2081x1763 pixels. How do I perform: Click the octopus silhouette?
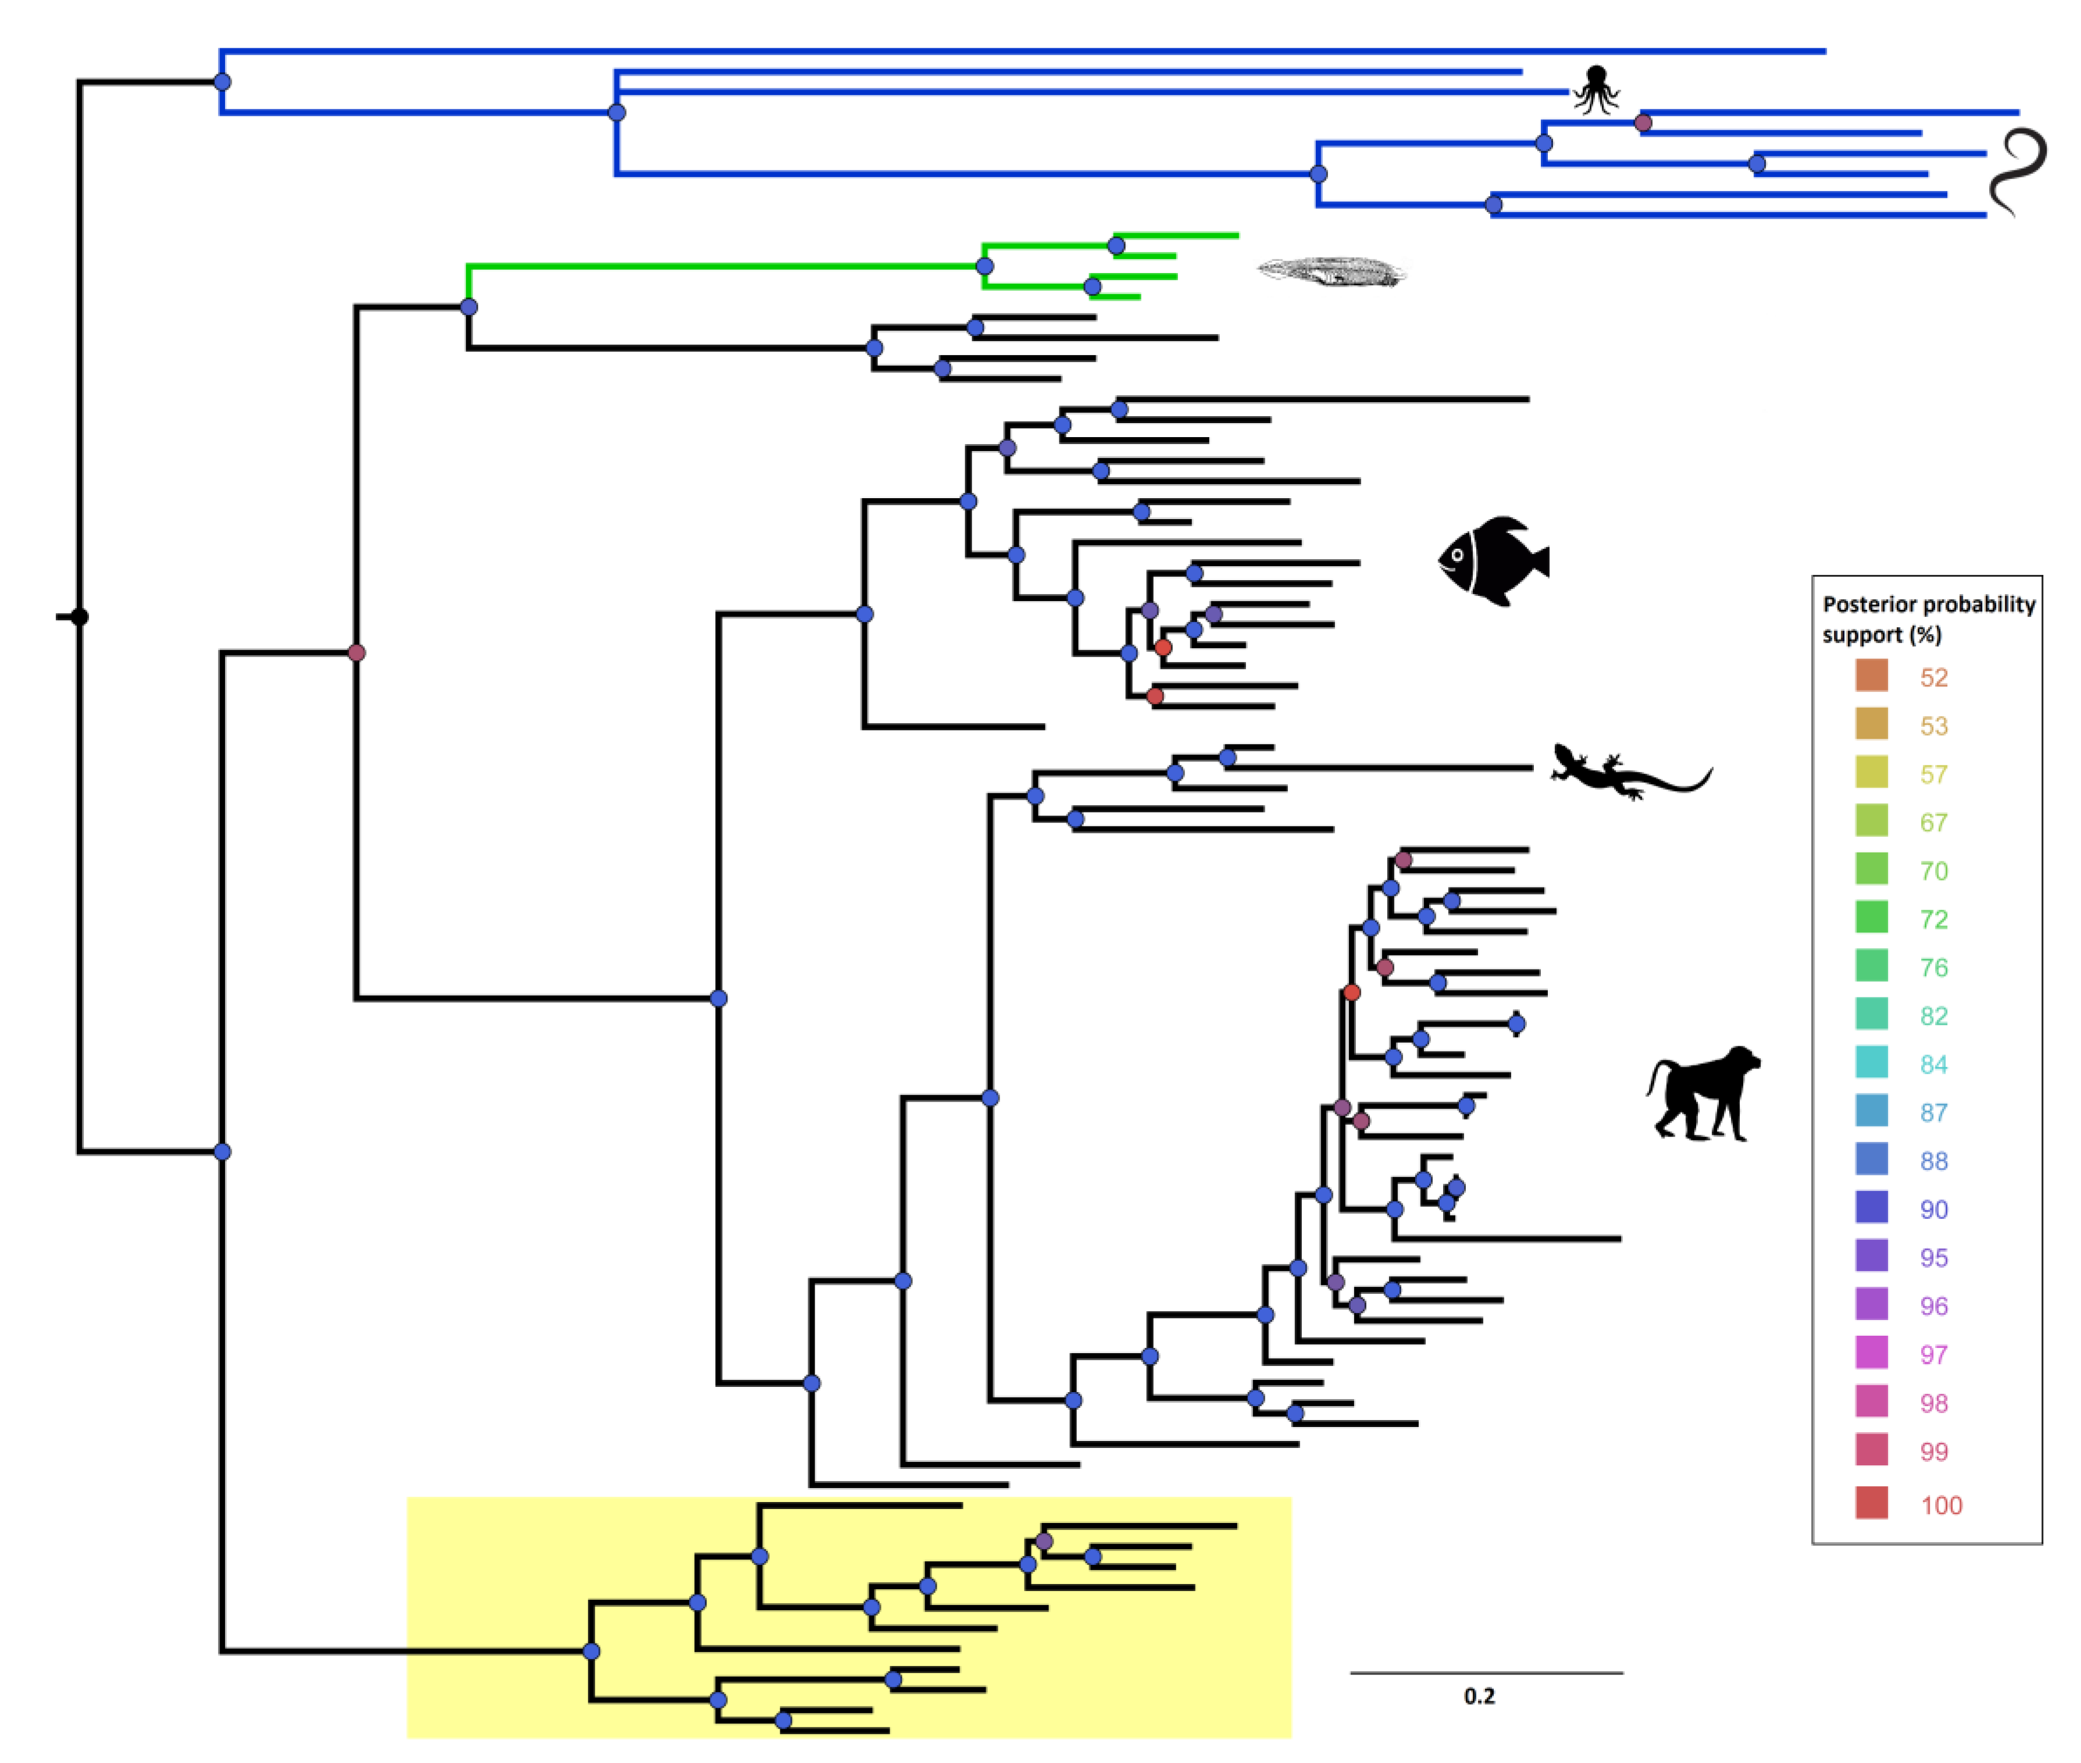(1595, 90)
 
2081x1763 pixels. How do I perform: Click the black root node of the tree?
(79, 617)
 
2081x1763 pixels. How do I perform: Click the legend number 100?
(1940, 1505)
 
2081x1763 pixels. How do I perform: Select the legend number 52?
(1933, 678)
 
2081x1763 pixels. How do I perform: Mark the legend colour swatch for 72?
(1871, 917)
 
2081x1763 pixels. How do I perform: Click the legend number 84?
(1933, 1064)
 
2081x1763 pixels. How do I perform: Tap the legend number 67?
(1933, 823)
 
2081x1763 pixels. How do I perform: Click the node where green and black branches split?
(469, 307)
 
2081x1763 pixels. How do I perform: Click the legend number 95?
(1933, 1257)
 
